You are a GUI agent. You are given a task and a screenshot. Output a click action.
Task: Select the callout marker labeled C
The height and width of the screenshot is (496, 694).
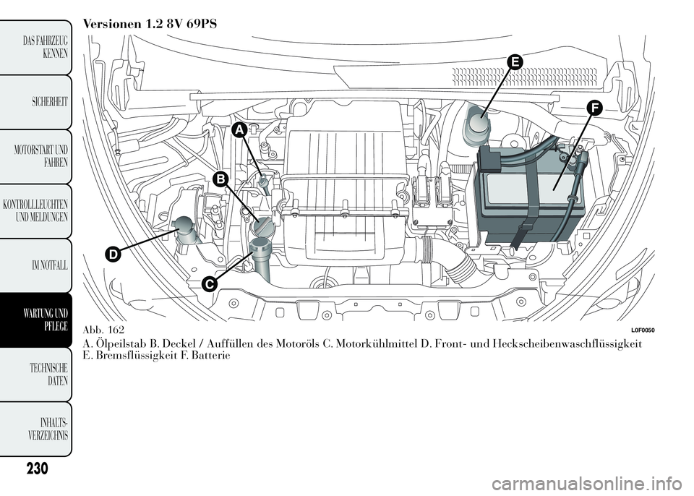(209, 284)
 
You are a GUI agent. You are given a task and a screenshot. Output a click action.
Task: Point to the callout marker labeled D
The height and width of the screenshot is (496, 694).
(111, 255)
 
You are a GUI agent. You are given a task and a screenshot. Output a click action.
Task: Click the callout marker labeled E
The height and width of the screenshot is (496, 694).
(514, 63)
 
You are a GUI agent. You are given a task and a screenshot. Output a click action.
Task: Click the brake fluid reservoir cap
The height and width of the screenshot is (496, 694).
(478, 124)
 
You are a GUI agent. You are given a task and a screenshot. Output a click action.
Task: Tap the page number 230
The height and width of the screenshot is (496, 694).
(34, 469)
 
